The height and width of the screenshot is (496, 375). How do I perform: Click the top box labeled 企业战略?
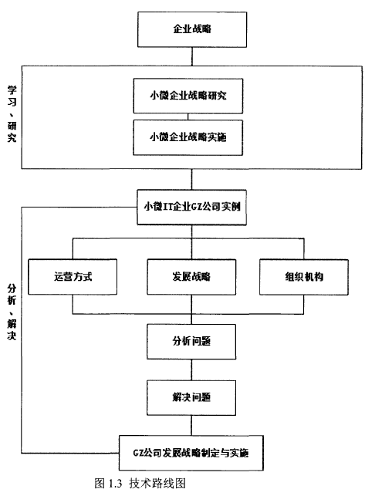(x=192, y=29)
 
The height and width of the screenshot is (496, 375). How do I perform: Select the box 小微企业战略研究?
(x=188, y=96)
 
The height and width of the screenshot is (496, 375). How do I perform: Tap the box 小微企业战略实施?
(x=188, y=137)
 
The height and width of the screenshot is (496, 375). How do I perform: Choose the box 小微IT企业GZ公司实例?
(x=192, y=208)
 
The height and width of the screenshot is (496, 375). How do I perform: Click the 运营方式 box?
(x=73, y=277)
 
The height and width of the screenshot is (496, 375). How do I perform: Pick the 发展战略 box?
(x=191, y=277)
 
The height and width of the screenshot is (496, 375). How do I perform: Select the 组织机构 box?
(x=304, y=277)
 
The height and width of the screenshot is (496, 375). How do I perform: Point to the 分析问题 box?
(x=191, y=342)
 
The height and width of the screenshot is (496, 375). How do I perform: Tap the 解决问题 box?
(x=191, y=397)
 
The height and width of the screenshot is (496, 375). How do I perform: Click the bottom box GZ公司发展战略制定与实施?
(x=191, y=453)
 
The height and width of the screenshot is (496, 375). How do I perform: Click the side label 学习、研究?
(x=12, y=114)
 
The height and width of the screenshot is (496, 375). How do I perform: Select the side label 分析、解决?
(x=12, y=312)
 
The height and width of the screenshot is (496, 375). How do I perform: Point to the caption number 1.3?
(x=115, y=484)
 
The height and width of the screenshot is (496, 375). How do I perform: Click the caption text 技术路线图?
(x=157, y=484)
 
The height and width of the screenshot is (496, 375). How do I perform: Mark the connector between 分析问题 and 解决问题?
(x=191, y=369)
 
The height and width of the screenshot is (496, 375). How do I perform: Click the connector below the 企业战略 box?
(x=192, y=56)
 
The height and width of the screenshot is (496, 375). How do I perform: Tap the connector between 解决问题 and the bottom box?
(x=191, y=426)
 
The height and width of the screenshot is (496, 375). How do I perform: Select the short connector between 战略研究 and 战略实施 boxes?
(x=188, y=116)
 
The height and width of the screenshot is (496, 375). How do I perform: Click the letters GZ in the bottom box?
(x=138, y=453)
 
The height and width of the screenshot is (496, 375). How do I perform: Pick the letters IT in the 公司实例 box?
(x=167, y=207)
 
